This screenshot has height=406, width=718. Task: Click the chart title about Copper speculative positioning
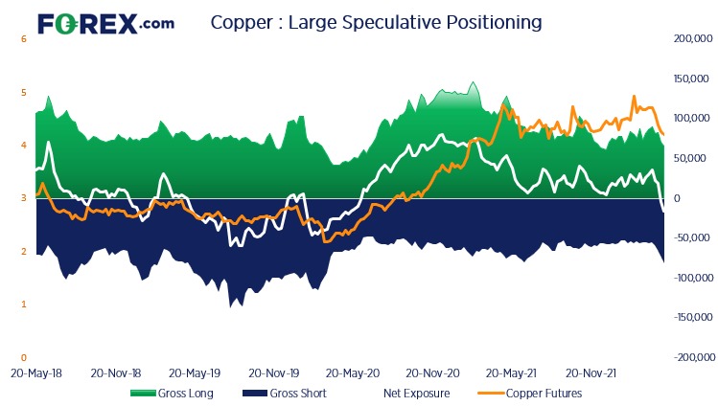tap(376, 21)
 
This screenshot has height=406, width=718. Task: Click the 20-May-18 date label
tap(35, 372)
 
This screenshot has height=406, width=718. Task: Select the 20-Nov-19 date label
tap(272, 372)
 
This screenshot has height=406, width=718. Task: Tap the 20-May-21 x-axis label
tap(510, 372)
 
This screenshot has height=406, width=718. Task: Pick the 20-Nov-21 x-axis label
tap(590, 372)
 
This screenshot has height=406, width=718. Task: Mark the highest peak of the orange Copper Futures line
tap(634, 97)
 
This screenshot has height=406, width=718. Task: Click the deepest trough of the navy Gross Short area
tap(230, 306)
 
